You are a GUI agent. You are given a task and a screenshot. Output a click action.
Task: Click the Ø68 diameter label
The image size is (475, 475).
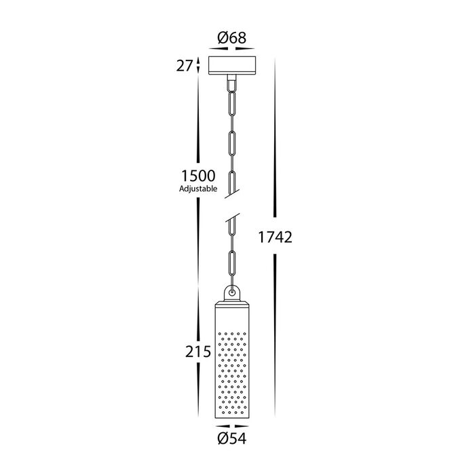(x=232, y=38)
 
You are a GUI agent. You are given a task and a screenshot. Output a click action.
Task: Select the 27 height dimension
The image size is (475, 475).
(x=185, y=66)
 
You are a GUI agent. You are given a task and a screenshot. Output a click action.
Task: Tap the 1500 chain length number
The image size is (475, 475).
(x=198, y=176)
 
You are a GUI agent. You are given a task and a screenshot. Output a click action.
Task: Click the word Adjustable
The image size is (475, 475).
(x=198, y=189)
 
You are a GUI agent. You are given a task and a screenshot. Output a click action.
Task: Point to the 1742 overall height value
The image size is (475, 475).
(x=275, y=237)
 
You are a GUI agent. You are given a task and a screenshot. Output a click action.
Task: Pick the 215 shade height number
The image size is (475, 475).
(x=198, y=351)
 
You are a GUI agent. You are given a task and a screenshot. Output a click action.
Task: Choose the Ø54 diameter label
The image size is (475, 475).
(x=232, y=439)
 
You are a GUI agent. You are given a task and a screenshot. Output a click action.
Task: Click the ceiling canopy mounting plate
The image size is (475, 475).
(x=232, y=65)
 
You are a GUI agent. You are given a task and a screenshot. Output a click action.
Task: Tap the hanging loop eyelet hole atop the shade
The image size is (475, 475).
(x=232, y=292)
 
